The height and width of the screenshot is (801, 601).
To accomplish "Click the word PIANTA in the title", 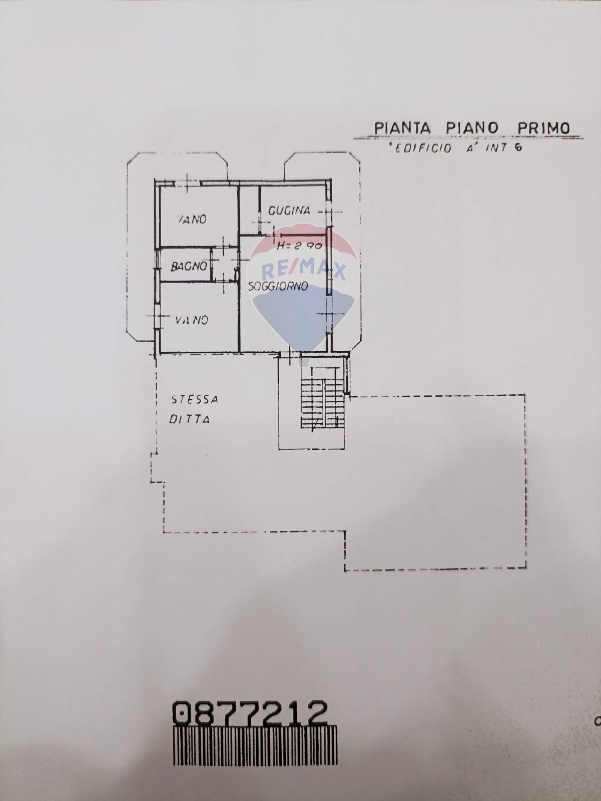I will pyautogui.click(x=402, y=128).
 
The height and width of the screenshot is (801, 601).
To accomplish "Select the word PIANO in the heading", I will pyautogui.click(x=472, y=128).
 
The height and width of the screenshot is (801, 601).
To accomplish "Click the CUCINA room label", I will pyautogui.click(x=289, y=211).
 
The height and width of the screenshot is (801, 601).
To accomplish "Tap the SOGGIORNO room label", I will pyautogui.click(x=278, y=286).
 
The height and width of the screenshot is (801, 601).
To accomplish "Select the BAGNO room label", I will pyautogui.click(x=188, y=266).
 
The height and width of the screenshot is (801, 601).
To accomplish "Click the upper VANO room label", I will pyautogui.click(x=192, y=219).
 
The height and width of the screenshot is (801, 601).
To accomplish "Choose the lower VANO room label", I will pyautogui.click(x=191, y=320).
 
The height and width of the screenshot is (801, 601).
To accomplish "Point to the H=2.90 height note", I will pyautogui.click(x=299, y=246).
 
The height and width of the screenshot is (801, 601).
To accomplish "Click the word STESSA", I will pyautogui.click(x=195, y=400).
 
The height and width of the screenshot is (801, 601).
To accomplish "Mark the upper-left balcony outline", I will pyautogui.click(x=142, y=250).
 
